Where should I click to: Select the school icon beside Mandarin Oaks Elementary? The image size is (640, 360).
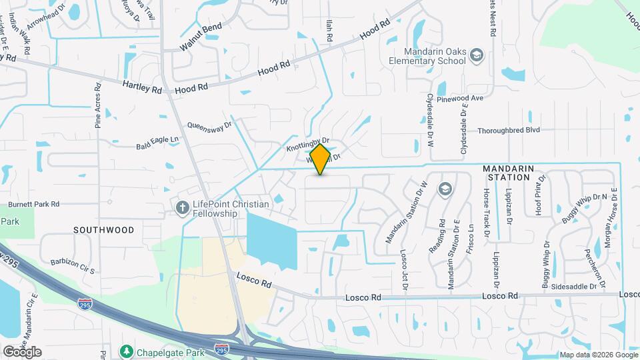tap(476, 55)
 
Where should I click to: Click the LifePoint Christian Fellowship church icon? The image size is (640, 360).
tap(181, 208)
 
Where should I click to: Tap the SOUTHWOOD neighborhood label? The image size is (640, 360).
tap(103, 230)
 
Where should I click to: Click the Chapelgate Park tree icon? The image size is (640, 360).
tap(125, 351)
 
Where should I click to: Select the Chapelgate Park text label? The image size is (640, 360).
tap(164, 351)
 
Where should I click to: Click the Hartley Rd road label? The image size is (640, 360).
tap(142, 86)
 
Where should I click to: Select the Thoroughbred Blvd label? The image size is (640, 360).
tap(509, 131)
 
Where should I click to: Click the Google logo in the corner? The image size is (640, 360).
tap(22, 351)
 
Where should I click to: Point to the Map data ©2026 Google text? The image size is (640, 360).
tap(598, 355)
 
